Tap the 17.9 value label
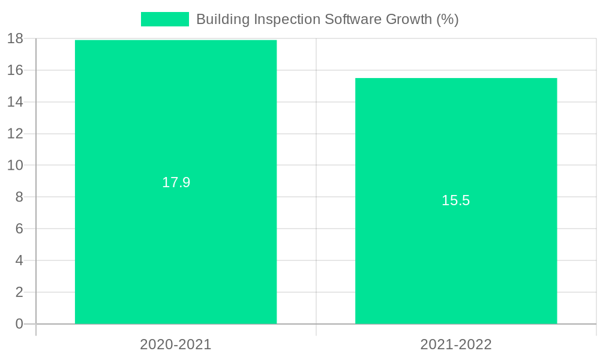(176, 182)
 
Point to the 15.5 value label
(456, 200)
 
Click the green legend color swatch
(164, 19)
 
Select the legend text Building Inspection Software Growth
(327, 19)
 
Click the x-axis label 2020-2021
(176, 344)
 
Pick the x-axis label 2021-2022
(456, 344)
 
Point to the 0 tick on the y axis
(19, 324)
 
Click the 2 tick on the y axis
(19, 292)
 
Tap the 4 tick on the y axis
(19, 260)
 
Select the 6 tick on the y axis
(19, 229)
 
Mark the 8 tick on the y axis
(19, 197)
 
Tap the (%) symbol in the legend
(448, 19)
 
